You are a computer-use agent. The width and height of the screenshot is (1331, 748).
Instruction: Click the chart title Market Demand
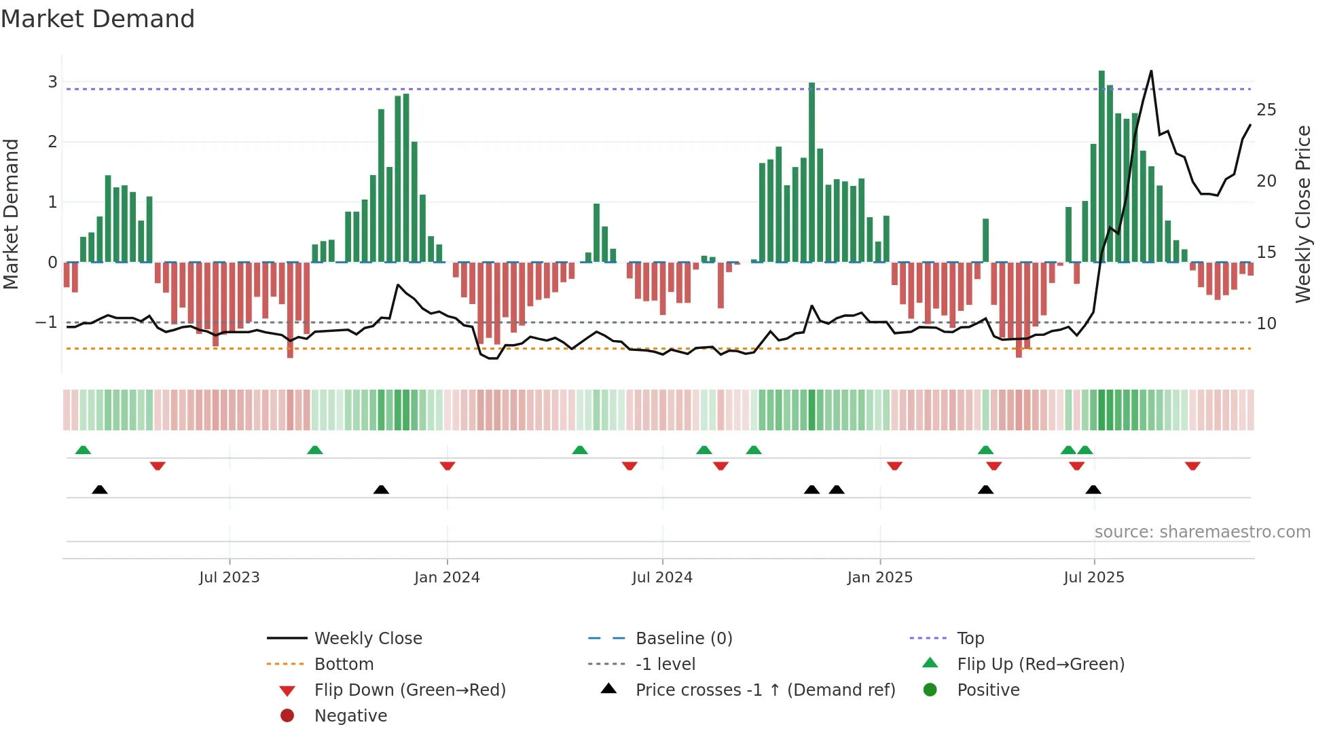(98, 19)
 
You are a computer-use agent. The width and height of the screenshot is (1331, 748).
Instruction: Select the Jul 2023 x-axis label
(230, 578)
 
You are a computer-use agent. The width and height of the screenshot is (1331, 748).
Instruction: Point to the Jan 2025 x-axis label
(879, 578)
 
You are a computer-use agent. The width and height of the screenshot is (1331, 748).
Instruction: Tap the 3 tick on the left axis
(52, 81)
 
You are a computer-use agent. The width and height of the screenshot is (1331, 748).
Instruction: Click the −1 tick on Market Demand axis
(47, 322)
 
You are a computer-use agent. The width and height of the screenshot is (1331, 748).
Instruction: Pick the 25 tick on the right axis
(1266, 110)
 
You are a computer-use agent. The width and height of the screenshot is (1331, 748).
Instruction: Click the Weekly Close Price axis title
(1302, 214)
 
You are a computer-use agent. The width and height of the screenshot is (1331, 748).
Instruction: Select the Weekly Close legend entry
(367, 639)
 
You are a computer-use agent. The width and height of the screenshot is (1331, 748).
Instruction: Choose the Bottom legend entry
(344, 665)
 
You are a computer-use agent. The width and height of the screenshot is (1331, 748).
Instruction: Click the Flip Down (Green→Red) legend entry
(409, 690)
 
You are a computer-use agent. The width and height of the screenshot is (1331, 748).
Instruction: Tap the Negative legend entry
(350, 716)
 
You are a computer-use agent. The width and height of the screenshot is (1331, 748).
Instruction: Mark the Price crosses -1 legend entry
(765, 690)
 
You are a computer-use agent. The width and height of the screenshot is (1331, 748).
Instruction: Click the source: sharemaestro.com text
(1202, 532)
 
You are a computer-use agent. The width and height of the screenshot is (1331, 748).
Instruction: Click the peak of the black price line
(1151, 71)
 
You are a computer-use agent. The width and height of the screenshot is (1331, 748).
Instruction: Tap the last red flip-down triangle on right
(1192, 466)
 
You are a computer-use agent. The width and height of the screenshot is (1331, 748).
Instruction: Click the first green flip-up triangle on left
(83, 450)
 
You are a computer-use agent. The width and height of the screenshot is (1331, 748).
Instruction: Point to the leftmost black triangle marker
(100, 489)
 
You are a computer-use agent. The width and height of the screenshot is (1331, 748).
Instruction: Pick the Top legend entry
(970, 639)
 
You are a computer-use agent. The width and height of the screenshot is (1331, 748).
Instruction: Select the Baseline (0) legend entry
(683, 639)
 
